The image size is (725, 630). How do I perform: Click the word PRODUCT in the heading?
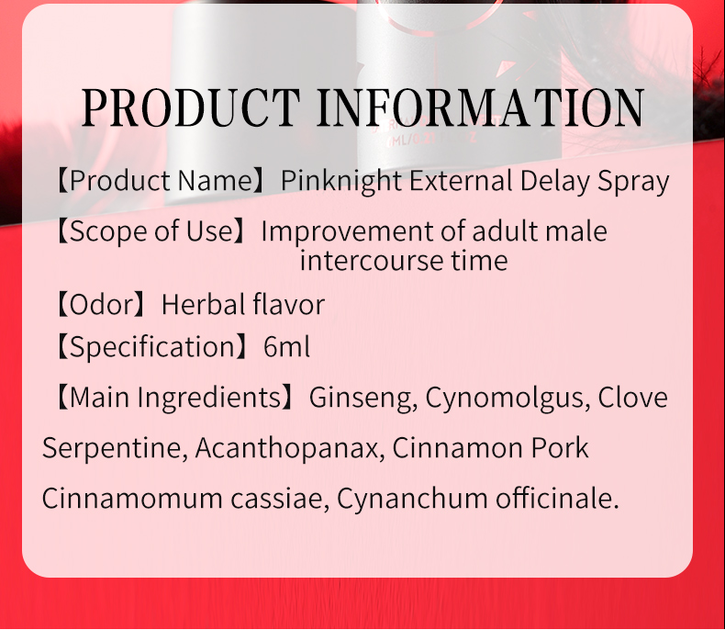(190, 108)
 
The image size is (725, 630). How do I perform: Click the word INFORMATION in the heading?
(479, 108)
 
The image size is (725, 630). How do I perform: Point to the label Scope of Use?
(151, 231)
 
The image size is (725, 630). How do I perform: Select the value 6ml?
(286, 347)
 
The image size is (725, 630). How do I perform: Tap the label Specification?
(151, 347)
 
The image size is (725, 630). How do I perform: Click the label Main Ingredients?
(174, 398)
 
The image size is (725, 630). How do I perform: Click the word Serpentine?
(113, 449)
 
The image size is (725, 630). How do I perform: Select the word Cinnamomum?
(119, 499)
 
